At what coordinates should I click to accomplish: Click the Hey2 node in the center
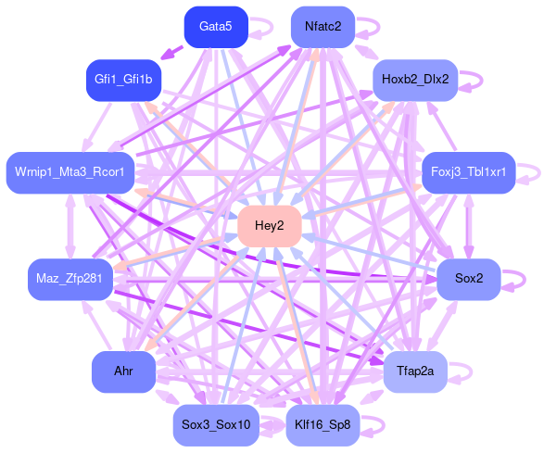pyautogui.click(x=270, y=226)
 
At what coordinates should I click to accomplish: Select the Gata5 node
pyautogui.click(x=216, y=27)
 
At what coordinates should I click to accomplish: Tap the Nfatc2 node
pyautogui.click(x=323, y=27)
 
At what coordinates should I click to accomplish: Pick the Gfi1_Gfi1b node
pyautogui.click(x=123, y=80)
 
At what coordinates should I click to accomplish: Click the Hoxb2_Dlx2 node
pyautogui.click(x=415, y=80)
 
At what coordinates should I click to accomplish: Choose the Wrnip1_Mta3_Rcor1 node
pyautogui.click(x=70, y=172)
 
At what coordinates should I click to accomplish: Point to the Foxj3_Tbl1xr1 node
pyautogui.click(x=469, y=172)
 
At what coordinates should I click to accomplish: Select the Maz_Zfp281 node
pyautogui.click(x=70, y=279)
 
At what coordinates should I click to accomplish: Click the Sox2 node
pyautogui.click(x=469, y=279)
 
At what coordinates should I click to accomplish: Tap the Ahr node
pyautogui.click(x=123, y=371)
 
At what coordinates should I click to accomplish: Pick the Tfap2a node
pyautogui.click(x=415, y=371)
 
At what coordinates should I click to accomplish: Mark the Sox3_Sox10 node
pyautogui.click(x=216, y=425)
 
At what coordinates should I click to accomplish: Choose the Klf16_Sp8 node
pyautogui.click(x=323, y=425)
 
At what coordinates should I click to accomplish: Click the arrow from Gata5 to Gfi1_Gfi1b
pyautogui.click(x=171, y=53)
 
